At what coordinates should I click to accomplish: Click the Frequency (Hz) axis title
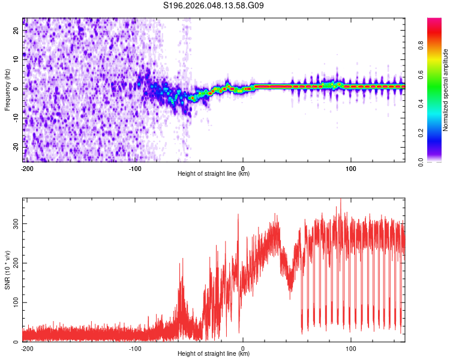[8, 90]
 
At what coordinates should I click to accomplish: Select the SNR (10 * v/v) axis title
[8, 269]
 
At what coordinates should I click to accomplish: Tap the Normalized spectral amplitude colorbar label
[446, 90]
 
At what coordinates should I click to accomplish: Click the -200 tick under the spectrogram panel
[27, 167]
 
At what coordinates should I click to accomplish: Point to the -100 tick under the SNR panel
[135, 347]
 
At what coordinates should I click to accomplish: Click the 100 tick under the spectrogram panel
[351, 167]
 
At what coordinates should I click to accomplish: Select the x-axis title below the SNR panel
[214, 354]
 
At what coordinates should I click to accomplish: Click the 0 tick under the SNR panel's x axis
[243, 347]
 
